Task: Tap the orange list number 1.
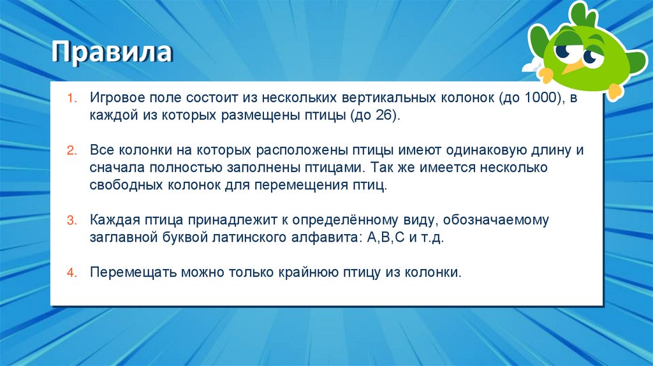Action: pyautogui.click(x=72, y=99)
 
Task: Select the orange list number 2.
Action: pyautogui.click(x=72, y=151)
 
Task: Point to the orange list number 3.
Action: pyautogui.click(x=72, y=221)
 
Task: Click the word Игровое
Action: pyautogui.click(x=117, y=99)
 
